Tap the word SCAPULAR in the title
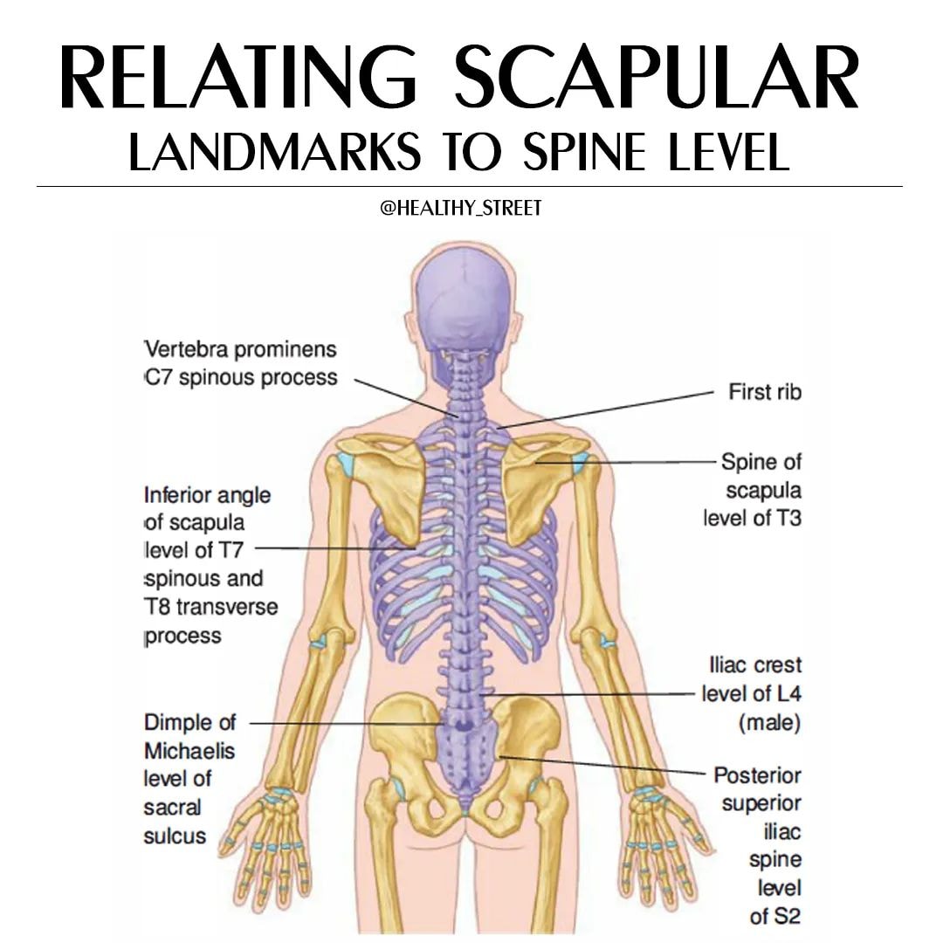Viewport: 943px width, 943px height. click(x=657, y=78)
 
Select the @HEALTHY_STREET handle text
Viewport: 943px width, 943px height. click(x=461, y=208)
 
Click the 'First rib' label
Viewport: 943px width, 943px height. click(x=765, y=392)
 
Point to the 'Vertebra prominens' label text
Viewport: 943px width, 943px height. click(x=241, y=349)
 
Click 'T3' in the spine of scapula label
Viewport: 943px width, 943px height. click(x=788, y=518)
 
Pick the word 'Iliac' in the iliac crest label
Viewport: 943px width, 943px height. click(x=728, y=665)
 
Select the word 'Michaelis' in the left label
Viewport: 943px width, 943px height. click(x=189, y=751)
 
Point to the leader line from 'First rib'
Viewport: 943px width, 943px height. click(x=605, y=410)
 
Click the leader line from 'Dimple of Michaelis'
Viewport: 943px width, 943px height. click(x=347, y=724)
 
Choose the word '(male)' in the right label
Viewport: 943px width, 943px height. click(x=770, y=722)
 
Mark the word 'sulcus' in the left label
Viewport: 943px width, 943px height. click(x=175, y=836)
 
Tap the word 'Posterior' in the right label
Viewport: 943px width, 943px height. click(x=758, y=775)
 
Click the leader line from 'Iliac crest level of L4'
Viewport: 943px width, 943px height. click(x=588, y=694)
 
